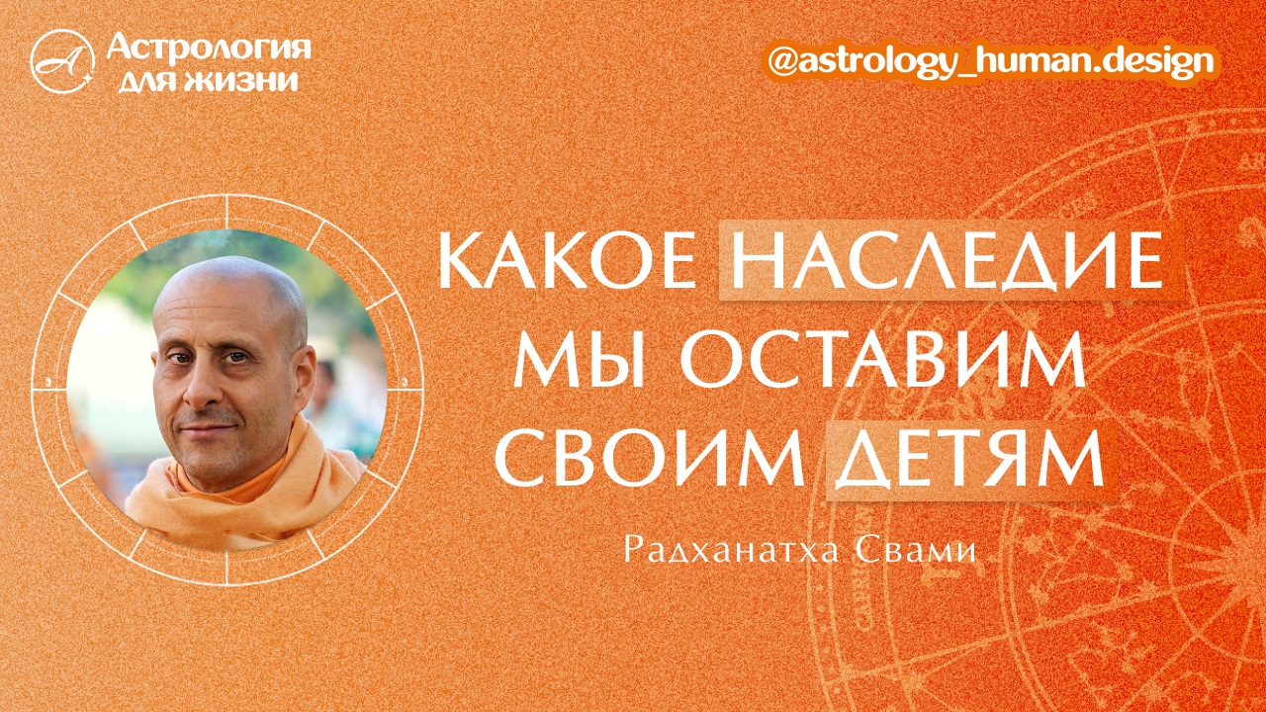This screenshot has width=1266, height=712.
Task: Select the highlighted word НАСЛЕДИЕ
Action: tap(949, 262)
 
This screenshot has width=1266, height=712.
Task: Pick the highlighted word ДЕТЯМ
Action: tap(969, 461)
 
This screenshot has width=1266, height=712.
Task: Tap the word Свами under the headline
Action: tap(921, 550)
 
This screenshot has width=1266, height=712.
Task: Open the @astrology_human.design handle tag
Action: tap(992, 61)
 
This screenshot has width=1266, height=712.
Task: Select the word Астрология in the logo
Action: tap(209, 46)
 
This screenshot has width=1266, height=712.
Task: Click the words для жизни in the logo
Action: tap(207, 79)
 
